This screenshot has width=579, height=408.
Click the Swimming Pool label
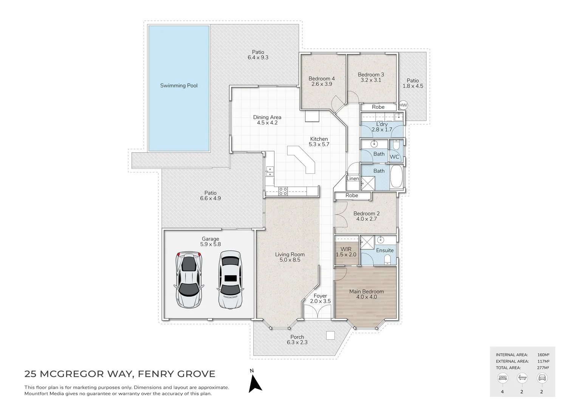(179, 85)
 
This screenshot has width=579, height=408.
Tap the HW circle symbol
(403, 105)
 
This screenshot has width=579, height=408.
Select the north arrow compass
(255, 383)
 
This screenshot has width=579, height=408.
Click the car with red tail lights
(189, 280)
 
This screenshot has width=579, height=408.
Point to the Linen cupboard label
(353, 178)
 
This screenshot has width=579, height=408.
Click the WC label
(394, 157)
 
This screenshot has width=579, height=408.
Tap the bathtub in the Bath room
(396, 176)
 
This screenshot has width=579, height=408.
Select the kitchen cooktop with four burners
(283, 191)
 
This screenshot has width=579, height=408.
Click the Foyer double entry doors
(317, 312)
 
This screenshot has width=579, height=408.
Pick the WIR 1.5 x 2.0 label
(346, 252)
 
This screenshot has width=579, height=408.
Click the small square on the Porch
(330, 335)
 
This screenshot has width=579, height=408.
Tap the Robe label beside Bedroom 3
(378, 107)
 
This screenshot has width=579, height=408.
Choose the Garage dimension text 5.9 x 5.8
(211, 244)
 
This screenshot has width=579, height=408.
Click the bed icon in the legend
(503, 378)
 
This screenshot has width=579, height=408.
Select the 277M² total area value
(543, 368)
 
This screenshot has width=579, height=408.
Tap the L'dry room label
(382, 124)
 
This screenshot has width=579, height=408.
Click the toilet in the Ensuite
(387, 259)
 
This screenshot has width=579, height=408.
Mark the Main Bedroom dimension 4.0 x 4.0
(367, 297)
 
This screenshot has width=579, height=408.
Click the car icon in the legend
(542, 378)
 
